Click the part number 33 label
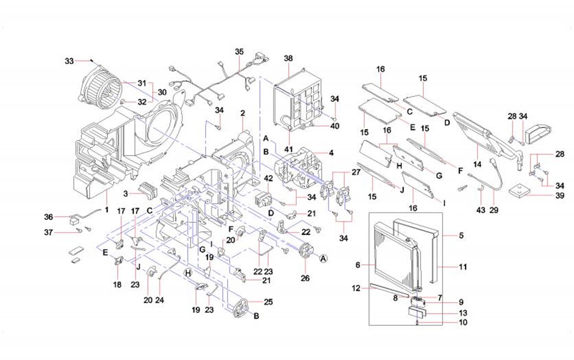(x=69, y=61)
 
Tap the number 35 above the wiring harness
(x=239, y=52)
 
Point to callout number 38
(x=289, y=58)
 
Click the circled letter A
(x=323, y=258)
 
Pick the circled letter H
(x=188, y=273)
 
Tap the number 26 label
(x=305, y=278)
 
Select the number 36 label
(x=48, y=217)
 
